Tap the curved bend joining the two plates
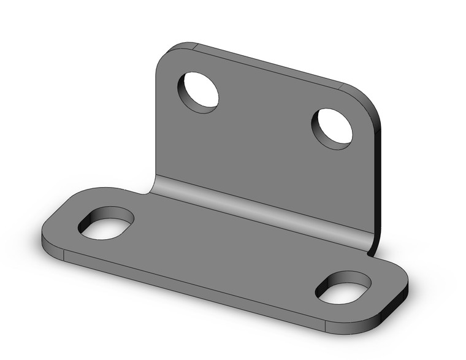(258, 206)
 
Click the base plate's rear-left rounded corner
(67, 199)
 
